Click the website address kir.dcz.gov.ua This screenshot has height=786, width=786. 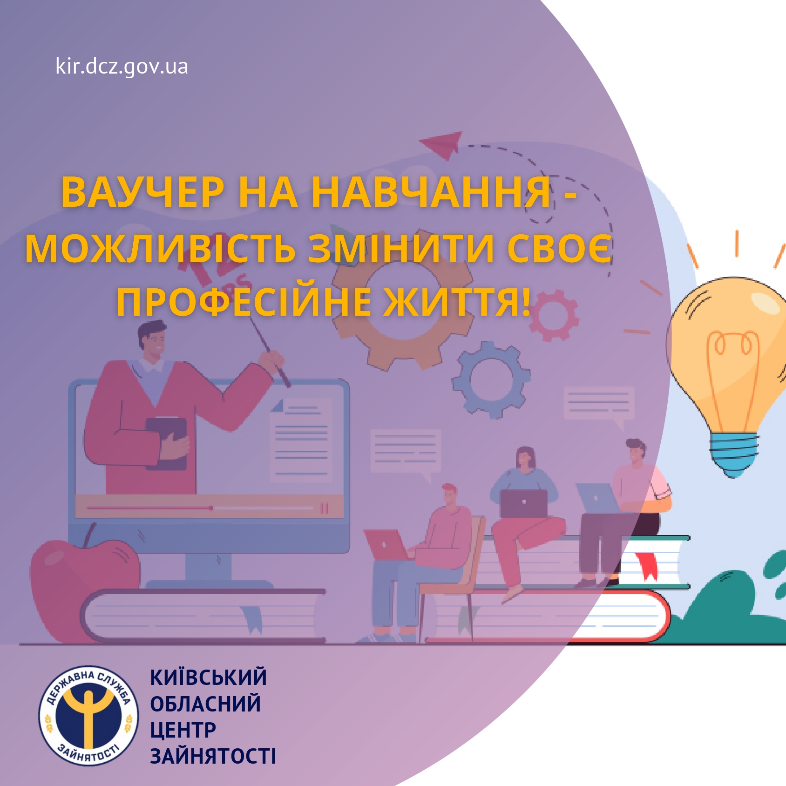[x=122, y=66]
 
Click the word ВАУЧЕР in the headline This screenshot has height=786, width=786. [x=142, y=192]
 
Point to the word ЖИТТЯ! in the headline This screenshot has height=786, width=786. [x=457, y=302]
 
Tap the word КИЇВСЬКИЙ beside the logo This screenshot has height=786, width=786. [x=208, y=678]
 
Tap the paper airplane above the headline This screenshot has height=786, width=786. [x=442, y=144]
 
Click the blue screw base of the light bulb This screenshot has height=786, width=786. [x=733, y=454]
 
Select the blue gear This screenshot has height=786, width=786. [x=491, y=379]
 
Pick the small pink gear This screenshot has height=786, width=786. [x=553, y=315]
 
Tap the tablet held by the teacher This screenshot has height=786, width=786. [x=167, y=443]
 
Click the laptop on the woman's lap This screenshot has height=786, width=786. [x=523, y=503]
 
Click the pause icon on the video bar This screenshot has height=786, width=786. [x=325, y=508]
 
